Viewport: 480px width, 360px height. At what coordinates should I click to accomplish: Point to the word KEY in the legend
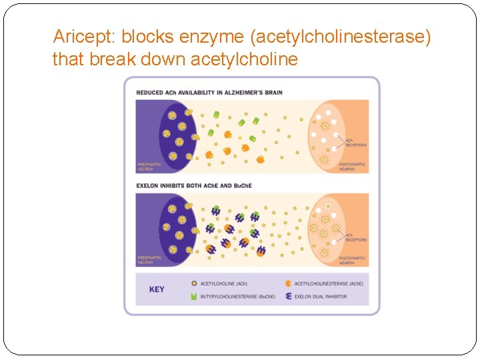pos(157,289)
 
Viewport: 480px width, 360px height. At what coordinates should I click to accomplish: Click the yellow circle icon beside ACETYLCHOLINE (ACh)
pos(193,283)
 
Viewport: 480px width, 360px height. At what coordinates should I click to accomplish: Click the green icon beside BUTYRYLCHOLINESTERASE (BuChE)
pos(193,296)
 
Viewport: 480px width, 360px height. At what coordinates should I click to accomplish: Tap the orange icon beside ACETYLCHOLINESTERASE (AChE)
pos(287,283)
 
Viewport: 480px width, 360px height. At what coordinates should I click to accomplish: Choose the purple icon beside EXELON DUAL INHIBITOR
pos(287,296)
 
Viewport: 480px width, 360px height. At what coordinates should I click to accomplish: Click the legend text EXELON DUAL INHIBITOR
pos(321,296)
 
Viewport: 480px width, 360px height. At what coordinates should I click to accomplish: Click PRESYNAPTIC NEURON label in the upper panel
pos(149,167)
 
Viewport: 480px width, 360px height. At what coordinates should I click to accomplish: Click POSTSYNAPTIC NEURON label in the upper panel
pos(352,167)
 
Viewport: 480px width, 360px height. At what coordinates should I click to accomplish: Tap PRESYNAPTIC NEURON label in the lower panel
pos(149,259)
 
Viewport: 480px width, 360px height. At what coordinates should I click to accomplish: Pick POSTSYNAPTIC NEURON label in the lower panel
pos(352,259)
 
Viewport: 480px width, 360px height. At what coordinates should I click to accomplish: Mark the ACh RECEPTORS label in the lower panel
pos(356,237)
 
